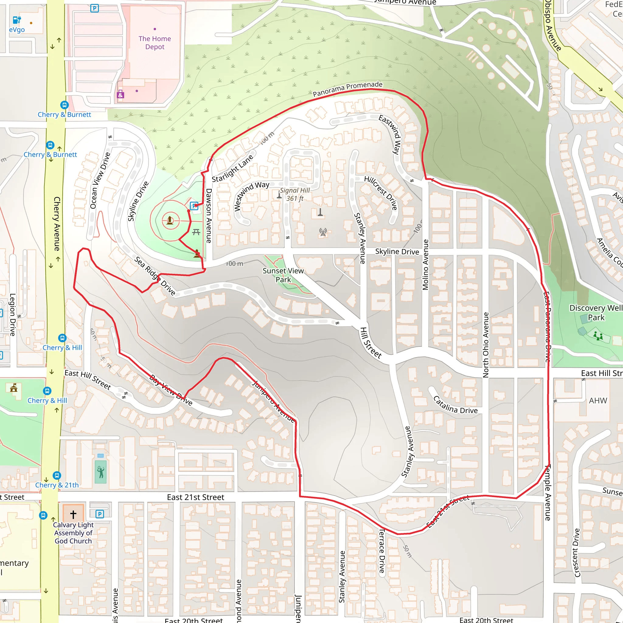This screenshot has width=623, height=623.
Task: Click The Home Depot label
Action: click(x=155, y=43)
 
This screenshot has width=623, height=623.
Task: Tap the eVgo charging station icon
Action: click(x=17, y=20)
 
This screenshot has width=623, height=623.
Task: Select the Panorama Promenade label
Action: click(x=348, y=89)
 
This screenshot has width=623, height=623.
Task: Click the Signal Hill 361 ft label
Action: click(x=295, y=194)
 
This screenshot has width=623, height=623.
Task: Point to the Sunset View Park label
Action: click(x=283, y=275)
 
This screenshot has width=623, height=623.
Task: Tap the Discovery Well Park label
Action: click(x=596, y=312)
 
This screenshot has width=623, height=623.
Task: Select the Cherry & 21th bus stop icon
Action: click(x=57, y=475)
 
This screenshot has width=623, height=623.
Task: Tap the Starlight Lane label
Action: click(x=233, y=168)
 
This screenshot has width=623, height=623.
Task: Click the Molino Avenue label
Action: click(x=426, y=264)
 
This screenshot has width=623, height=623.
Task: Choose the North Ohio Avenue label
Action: click(x=486, y=345)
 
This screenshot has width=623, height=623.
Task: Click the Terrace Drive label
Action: click(x=382, y=550)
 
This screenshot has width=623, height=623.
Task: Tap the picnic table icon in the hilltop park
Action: click(x=196, y=232)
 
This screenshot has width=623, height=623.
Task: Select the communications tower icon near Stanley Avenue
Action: click(x=323, y=231)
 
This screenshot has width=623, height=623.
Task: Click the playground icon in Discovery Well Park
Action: click(x=598, y=336)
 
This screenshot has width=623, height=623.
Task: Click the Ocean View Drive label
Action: click(x=100, y=180)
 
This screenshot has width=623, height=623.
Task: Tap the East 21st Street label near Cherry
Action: click(x=195, y=497)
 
